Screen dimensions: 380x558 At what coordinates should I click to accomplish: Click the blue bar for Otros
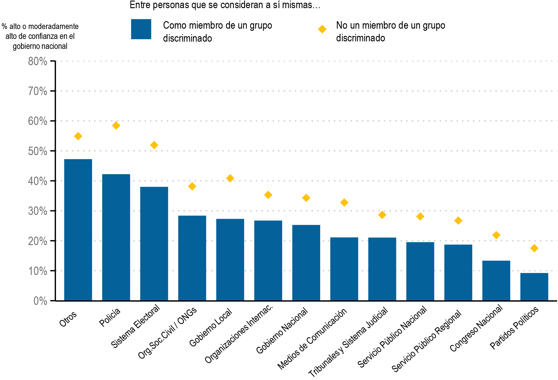(78, 230)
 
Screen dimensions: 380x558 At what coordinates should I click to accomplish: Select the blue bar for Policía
(116, 237)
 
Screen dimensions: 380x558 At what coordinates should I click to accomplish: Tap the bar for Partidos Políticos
(534, 287)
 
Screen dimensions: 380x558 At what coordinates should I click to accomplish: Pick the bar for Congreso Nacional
(496, 280)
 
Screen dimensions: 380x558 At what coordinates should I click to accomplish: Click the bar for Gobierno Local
(230, 260)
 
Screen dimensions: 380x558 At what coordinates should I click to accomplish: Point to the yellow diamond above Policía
(116, 126)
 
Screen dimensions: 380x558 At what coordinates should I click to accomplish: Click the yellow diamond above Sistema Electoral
(154, 145)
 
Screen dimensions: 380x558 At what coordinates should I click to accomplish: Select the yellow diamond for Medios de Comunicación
(344, 203)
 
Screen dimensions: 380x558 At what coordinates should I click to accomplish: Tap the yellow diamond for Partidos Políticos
(534, 248)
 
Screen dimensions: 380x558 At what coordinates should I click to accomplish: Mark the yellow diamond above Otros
(78, 136)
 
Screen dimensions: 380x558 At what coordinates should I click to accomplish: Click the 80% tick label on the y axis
(38, 62)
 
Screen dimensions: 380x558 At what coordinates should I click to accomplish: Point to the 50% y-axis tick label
(38, 151)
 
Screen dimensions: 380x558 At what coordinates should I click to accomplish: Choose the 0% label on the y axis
(40, 301)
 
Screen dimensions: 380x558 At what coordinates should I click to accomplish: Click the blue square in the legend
(141, 29)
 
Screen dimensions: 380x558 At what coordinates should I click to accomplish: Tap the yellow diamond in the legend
(322, 29)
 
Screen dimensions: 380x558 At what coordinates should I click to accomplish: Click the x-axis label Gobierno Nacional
(282, 331)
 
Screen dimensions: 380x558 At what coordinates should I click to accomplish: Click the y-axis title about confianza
(40, 36)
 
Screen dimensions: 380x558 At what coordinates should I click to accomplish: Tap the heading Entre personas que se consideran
(225, 5)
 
